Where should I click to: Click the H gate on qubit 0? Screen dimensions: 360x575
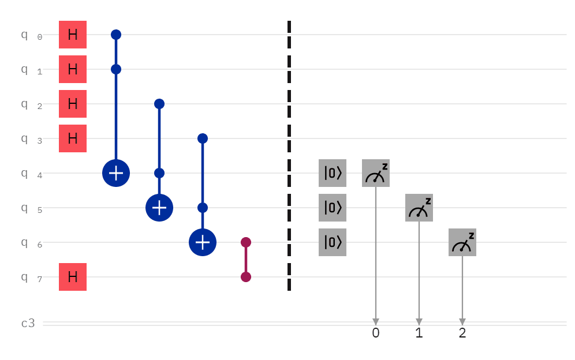tap(73, 35)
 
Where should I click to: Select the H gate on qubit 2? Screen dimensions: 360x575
tap(73, 104)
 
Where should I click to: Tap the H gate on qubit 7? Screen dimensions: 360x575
tap(73, 277)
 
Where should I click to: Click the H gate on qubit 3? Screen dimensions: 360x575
tap(73, 138)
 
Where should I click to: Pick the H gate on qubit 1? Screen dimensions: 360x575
tap(73, 69)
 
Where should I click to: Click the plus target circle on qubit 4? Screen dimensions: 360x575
tap(116, 173)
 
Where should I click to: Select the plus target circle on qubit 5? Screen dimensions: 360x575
tap(159, 208)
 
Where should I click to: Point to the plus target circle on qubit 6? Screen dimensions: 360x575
tap(203, 242)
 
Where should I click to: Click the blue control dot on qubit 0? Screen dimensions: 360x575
tap(116, 35)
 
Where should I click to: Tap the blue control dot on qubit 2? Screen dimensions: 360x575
tap(159, 104)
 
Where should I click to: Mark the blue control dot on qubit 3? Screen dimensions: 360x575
tap(203, 138)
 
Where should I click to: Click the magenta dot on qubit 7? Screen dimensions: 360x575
tap(246, 277)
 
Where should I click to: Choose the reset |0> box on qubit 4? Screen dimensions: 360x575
tap(333, 173)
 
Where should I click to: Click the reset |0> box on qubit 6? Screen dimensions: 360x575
tap(333, 242)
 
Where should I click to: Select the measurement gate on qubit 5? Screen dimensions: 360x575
tap(419, 208)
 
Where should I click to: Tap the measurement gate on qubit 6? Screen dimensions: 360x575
tap(462, 242)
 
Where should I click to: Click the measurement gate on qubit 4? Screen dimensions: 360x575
tap(376, 173)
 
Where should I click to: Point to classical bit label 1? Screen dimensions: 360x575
tap(419, 333)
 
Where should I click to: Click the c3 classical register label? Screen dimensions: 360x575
tap(28, 323)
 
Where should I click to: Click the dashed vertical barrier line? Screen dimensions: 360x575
tap(289, 156)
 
